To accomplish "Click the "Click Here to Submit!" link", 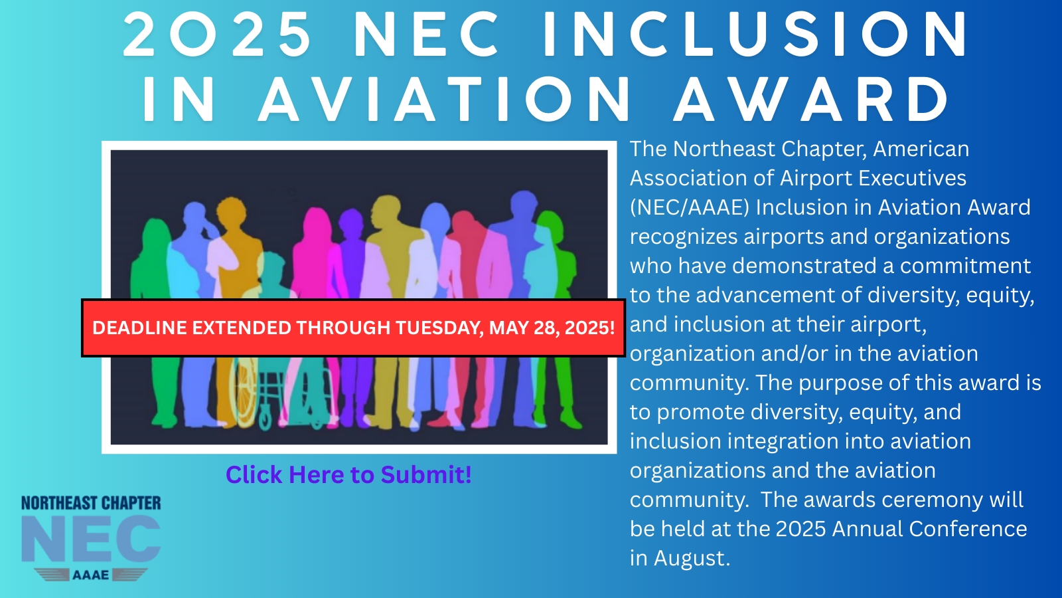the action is point(348,474).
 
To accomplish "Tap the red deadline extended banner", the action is point(354,328).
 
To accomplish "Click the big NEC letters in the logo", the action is point(91,539).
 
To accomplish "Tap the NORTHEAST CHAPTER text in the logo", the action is point(91,503).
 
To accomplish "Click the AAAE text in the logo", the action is point(90,575).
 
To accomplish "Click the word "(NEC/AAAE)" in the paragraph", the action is point(690,207).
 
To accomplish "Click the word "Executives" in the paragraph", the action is point(912,178).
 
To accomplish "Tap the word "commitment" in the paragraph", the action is point(966,266).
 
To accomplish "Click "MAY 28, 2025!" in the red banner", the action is point(552,328).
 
